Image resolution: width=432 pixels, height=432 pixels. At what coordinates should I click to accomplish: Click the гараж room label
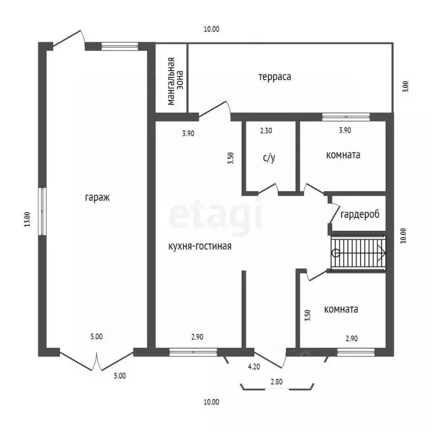97,198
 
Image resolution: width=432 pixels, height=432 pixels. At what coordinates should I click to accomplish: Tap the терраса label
274,76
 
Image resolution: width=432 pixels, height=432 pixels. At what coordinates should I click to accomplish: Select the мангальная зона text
175,81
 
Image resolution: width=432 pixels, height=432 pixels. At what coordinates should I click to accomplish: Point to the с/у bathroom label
269,157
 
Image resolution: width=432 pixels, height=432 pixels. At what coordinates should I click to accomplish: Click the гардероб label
360,214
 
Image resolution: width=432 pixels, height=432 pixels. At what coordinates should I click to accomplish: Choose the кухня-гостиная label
200,246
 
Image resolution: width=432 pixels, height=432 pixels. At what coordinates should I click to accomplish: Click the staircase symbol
358,253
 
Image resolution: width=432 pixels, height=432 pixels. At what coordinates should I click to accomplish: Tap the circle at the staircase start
336,253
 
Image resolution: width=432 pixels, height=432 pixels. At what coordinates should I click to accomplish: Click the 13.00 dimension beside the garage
27,219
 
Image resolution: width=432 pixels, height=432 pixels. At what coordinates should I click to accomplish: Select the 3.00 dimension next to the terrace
406,86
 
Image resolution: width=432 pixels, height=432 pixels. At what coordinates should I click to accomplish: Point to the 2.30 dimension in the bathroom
266,130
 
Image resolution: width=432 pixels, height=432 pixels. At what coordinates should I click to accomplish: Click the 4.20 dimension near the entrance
254,367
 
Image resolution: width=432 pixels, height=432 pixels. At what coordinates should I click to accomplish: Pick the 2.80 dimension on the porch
276,382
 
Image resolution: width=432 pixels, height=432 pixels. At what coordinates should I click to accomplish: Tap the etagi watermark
215,214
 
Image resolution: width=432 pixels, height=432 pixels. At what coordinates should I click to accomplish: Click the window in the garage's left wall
42,211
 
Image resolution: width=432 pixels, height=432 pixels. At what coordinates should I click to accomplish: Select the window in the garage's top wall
120,46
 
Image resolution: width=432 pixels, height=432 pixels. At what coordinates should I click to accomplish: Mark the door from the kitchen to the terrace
215,109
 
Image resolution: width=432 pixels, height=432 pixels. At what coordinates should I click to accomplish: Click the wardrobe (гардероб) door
334,213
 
